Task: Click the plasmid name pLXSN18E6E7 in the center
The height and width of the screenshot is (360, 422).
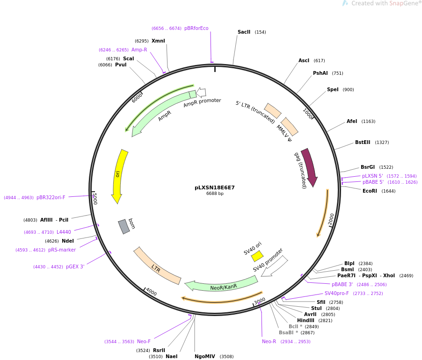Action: [214, 187]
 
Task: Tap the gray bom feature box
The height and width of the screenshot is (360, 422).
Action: [124, 227]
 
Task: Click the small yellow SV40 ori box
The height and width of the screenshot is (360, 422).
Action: [257, 256]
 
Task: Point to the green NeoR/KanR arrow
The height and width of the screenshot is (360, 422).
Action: [221, 285]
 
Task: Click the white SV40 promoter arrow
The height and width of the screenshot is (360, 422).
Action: [275, 266]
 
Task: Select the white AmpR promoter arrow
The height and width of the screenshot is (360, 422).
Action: [201, 93]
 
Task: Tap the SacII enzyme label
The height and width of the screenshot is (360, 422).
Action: [244, 32]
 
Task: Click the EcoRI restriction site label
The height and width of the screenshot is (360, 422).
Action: [370, 191]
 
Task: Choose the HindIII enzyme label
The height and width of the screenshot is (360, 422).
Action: [306, 320]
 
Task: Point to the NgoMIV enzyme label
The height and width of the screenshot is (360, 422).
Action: [205, 357]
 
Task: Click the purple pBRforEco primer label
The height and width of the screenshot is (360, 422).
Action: [196, 28]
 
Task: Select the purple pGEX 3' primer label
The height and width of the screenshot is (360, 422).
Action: [75, 266]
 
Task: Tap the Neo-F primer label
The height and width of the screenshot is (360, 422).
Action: [144, 341]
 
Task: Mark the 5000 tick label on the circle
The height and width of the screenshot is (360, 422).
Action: [95, 199]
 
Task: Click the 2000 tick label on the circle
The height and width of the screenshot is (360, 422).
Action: [331, 220]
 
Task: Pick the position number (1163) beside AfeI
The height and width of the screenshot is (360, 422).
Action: [368, 122]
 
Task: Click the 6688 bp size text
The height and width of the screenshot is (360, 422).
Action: [215, 194]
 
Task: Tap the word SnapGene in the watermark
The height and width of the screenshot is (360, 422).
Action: [402, 3]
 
